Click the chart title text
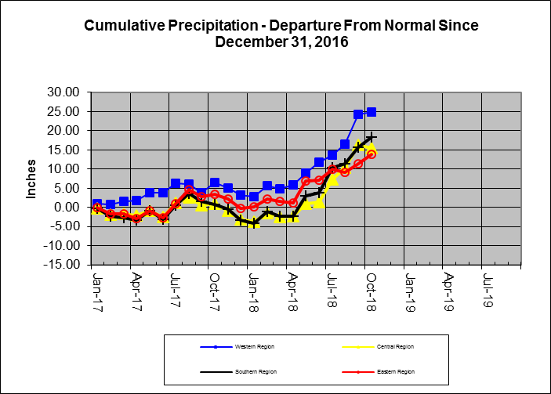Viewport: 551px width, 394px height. pos(281,34)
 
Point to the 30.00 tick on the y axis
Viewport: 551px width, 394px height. pos(67,92)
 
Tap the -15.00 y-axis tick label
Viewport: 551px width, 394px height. pos(65,265)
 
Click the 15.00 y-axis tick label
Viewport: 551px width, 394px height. pos(67,150)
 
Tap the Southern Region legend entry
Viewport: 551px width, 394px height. pos(243,371)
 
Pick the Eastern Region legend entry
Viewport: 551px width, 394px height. pos(397,371)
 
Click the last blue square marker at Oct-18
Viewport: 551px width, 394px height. pos(372,112)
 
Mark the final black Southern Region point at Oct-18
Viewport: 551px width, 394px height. pos(372,138)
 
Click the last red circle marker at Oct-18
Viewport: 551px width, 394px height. pos(372,154)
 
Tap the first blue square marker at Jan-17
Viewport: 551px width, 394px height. pos(97,204)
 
